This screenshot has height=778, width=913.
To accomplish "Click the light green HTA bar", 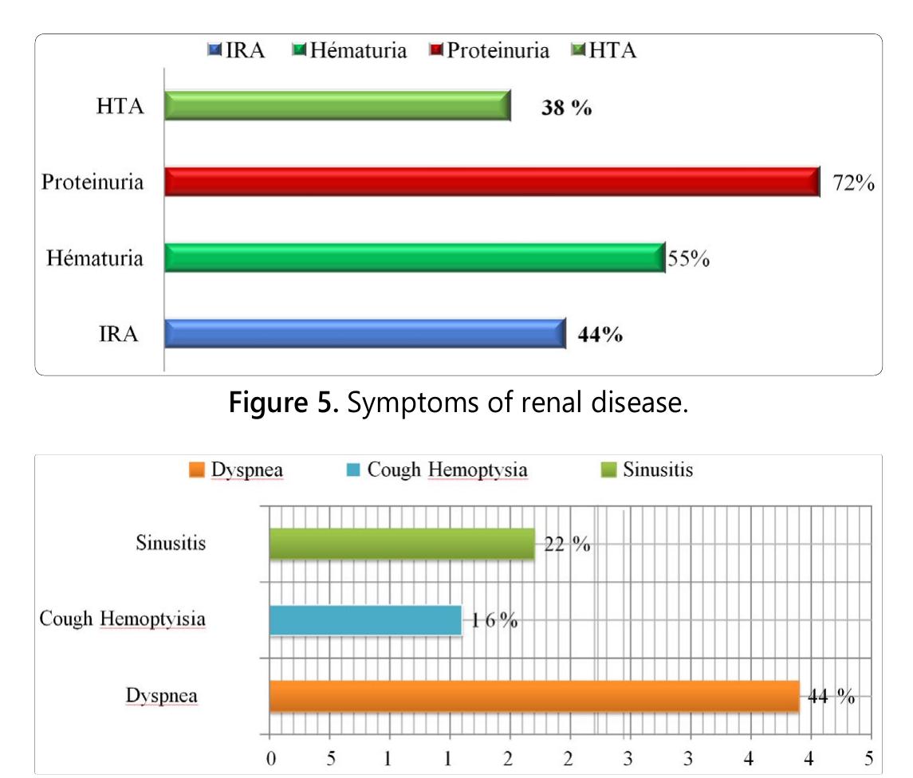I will [x=336, y=105].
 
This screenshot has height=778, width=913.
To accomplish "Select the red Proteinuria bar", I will [x=491, y=182].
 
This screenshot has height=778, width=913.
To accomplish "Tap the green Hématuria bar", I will [x=414, y=258].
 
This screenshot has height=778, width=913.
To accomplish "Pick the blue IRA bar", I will [x=364, y=334].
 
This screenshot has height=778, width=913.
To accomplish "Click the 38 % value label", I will [x=566, y=109].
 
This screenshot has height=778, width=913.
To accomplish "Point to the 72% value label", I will [x=854, y=185].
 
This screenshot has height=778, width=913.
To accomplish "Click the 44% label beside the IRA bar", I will [x=600, y=336].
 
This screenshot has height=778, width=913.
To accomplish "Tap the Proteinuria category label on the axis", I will [x=93, y=183].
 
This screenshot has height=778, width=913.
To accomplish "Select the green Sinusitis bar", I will [x=401, y=544].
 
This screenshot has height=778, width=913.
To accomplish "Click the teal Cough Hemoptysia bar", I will [x=365, y=620].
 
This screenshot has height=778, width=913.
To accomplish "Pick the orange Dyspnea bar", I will [x=533, y=696].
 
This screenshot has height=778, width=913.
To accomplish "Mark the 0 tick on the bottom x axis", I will [x=270, y=756].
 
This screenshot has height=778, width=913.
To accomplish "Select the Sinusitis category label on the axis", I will [x=171, y=544].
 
